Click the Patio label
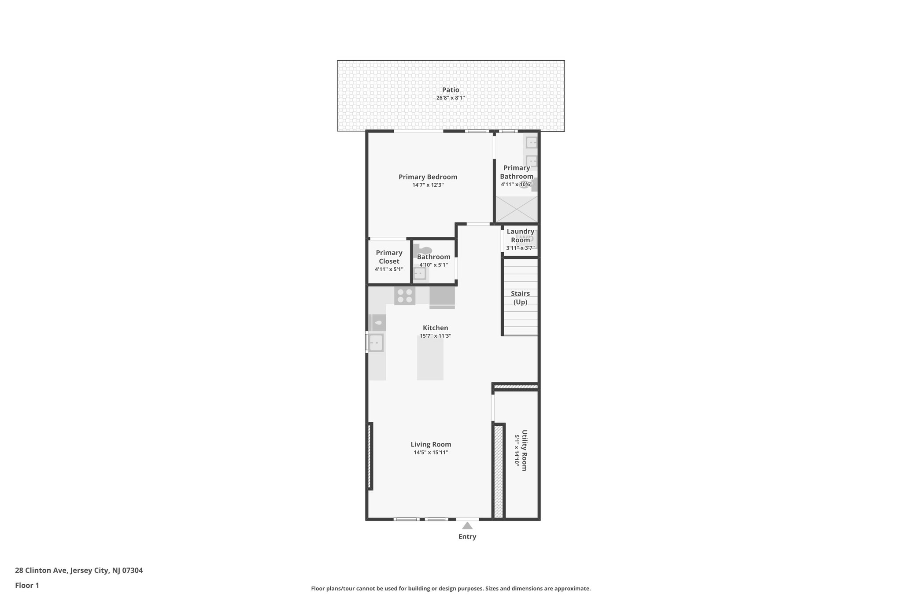[x=451, y=90]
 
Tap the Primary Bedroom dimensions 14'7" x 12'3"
[x=428, y=185]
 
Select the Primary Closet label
[x=389, y=257]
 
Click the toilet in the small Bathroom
[x=422, y=251]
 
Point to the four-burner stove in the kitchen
[x=405, y=295]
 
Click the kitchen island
[x=430, y=358]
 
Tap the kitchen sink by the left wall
[x=376, y=343]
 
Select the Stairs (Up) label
[x=520, y=298]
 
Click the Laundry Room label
[x=520, y=236]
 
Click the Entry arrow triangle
[x=467, y=525]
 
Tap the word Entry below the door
[x=467, y=537]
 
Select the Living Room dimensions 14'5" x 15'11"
[x=431, y=452]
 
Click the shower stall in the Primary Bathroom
[x=517, y=209]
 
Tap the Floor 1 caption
[x=27, y=585]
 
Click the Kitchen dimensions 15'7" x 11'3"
[x=435, y=336]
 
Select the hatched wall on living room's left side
[x=370, y=456]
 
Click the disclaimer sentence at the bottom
[x=451, y=588]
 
